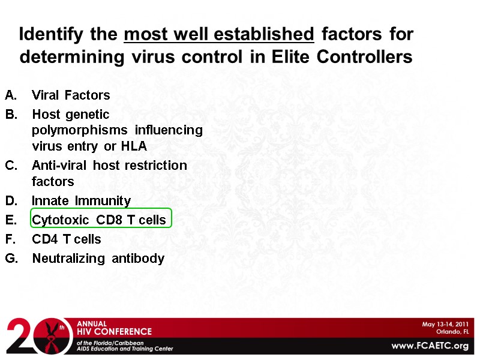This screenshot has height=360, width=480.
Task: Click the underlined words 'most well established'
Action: coord(219,34)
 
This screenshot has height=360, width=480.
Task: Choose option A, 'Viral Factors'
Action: coord(71,95)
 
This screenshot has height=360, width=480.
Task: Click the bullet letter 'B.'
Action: coord(11,114)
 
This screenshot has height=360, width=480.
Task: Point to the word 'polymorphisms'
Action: coord(80,130)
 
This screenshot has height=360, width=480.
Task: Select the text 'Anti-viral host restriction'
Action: coord(109,165)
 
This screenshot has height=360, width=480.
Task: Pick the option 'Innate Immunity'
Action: coord(81,200)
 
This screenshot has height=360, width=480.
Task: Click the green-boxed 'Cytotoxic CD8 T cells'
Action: coord(99,220)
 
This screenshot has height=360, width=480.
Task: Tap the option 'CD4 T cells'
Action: coord(67,239)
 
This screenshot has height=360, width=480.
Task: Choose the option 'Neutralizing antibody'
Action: coord(98,259)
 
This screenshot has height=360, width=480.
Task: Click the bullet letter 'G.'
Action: coord(12,259)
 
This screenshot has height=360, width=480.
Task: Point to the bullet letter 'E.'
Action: coord(11,220)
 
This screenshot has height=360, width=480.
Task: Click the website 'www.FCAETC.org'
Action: coord(430,346)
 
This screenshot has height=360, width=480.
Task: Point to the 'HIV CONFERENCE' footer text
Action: coord(114,331)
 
